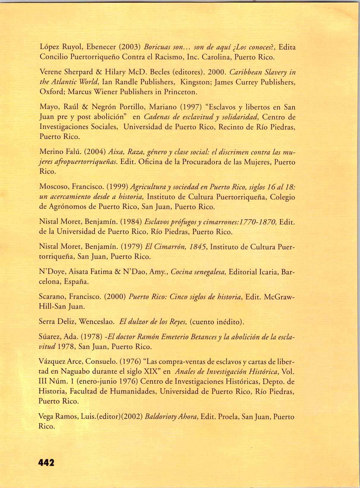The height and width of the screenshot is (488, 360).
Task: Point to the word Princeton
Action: pos(180,92)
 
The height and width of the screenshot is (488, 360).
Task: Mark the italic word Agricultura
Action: pos(148,187)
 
